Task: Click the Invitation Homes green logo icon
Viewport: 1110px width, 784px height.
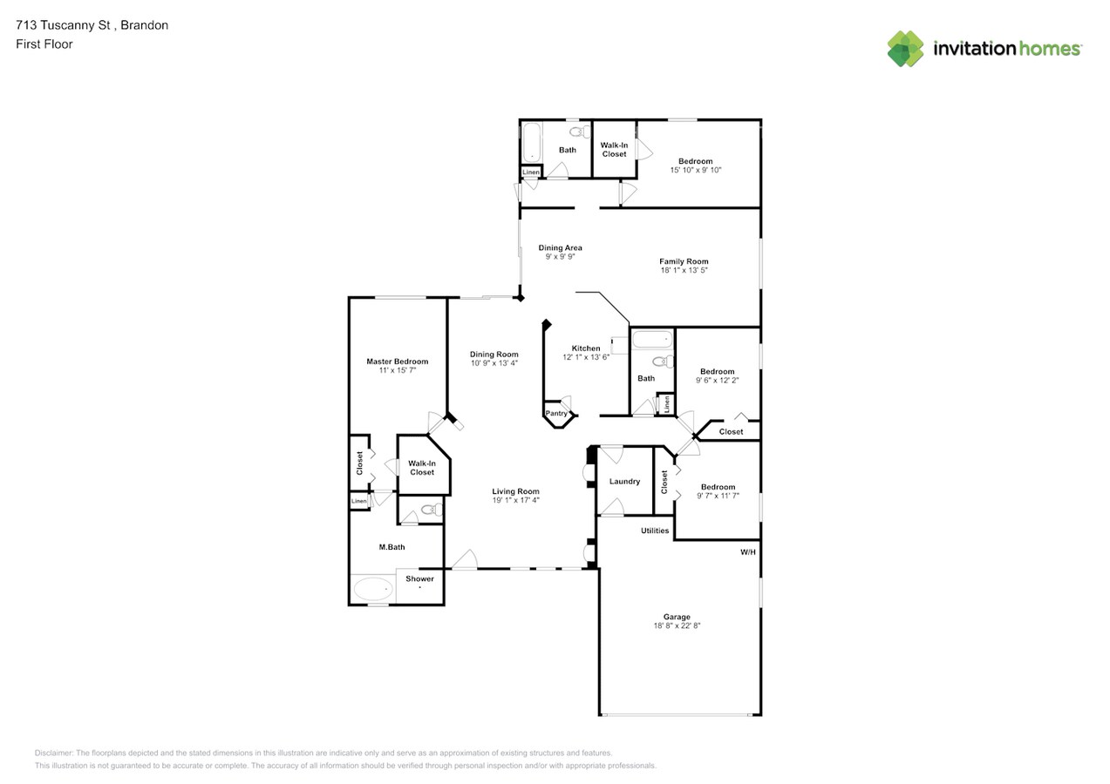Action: click(x=905, y=49)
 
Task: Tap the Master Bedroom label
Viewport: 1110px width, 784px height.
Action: click(x=397, y=362)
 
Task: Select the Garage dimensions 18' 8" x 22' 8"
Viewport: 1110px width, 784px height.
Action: click(x=677, y=625)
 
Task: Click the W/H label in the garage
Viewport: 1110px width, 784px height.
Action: click(x=748, y=552)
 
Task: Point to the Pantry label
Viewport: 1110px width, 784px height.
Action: click(x=556, y=413)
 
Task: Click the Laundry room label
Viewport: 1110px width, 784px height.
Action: click(x=624, y=481)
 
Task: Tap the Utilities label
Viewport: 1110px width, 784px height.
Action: click(x=655, y=531)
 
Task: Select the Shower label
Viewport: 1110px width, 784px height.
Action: click(x=419, y=578)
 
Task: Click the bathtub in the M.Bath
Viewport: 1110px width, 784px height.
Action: click(x=373, y=589)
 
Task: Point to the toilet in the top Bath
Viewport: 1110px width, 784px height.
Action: click(x=580, y=132)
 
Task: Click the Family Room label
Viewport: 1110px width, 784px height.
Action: click(x=684, y=261)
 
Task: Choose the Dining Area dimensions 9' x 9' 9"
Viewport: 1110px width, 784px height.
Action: click(x=560, y=256)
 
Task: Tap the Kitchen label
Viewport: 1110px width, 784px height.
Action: click(x=586, y=348)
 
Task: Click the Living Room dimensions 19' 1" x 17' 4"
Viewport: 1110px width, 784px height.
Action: click(x=515, y=500)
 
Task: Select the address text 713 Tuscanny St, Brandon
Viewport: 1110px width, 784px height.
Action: click(x=92, y=25)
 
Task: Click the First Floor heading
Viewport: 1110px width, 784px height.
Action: click(x=44, y=44)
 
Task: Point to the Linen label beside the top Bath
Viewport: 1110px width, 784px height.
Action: click(x=531, y=172)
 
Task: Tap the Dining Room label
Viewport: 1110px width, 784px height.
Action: click(x=494, y=355)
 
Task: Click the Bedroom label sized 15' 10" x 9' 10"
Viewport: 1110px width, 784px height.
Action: click(x=695, y=161)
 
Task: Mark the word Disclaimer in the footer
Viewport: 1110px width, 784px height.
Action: click(x=53, y=753)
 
